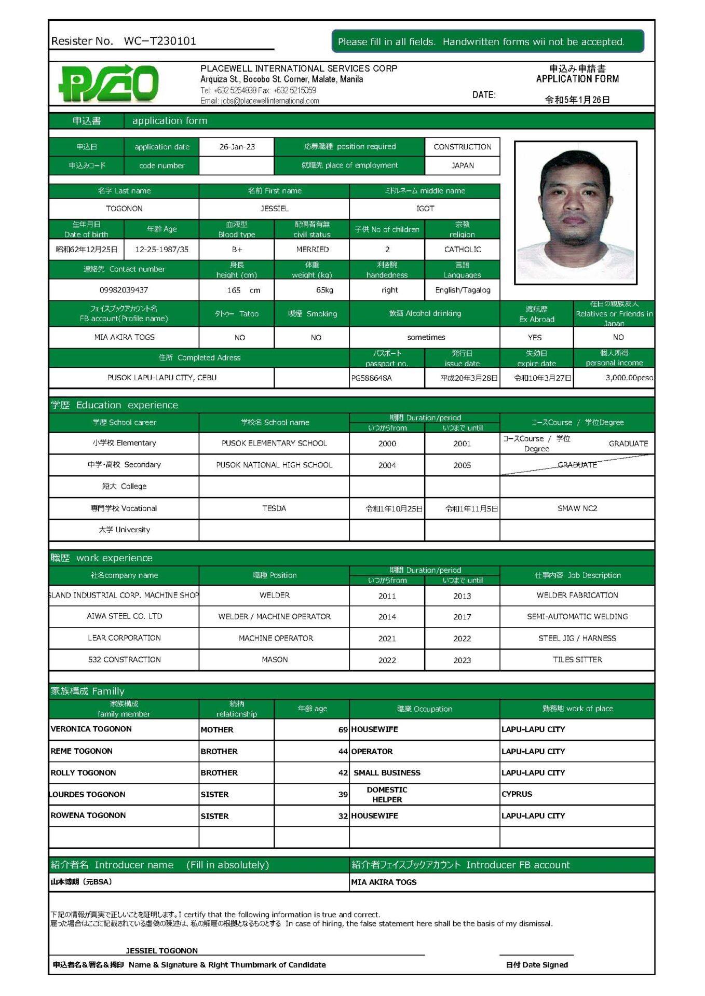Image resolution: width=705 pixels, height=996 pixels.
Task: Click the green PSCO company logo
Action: pos(109,83)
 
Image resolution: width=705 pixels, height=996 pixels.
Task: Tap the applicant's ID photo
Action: pos(575,212)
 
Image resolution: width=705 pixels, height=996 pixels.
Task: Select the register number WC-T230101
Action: pos(160,41)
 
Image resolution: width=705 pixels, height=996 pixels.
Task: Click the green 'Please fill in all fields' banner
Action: pos(487,41)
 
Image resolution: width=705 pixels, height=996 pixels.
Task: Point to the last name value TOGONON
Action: pos(124,209)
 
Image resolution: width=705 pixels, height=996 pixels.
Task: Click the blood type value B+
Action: pos(237,250)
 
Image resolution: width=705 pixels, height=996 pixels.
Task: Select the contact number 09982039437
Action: pos(124,290)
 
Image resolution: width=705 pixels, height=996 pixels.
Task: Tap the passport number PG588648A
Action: pos(372,378)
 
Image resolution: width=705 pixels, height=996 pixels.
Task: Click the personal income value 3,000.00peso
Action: pos(629,378)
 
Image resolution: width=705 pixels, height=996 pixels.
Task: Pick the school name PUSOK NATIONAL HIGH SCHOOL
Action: pos(274,465)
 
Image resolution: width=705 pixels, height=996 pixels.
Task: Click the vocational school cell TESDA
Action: pos(274,508)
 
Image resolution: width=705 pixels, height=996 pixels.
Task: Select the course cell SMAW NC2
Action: pos(577,508)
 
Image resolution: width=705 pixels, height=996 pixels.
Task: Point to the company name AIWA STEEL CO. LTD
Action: pos(124,616)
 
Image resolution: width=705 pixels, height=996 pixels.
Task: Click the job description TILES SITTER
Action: pos(577,660)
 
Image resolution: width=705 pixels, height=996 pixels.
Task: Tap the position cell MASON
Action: pos(275,660)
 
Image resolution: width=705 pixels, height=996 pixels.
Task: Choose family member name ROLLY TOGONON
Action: pos(83,772)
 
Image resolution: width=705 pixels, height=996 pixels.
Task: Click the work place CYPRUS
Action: pos(517,794)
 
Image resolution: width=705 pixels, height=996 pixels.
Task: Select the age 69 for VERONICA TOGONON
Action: pos(343,729)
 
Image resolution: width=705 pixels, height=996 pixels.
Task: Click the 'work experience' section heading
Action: pos(114,558)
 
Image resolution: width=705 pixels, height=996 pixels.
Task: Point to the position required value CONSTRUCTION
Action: pos(462,147)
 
